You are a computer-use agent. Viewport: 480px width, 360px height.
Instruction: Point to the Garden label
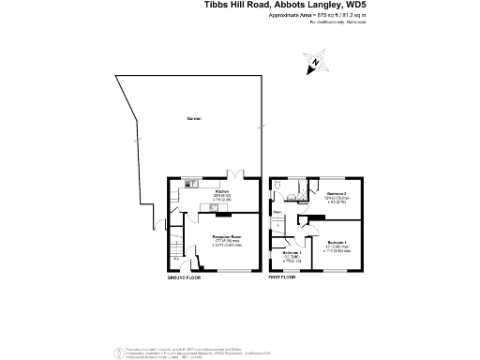(194, 119)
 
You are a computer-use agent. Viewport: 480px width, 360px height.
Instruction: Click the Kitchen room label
(222, 192)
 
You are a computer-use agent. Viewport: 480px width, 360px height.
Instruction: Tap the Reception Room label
(228, 237)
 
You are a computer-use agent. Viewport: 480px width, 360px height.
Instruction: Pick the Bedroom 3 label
(292, 253)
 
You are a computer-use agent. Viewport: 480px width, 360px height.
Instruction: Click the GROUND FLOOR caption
(185, 279)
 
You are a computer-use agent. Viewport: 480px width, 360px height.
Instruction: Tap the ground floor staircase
(175, 249)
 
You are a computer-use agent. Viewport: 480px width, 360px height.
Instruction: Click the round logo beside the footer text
(117, 352)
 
